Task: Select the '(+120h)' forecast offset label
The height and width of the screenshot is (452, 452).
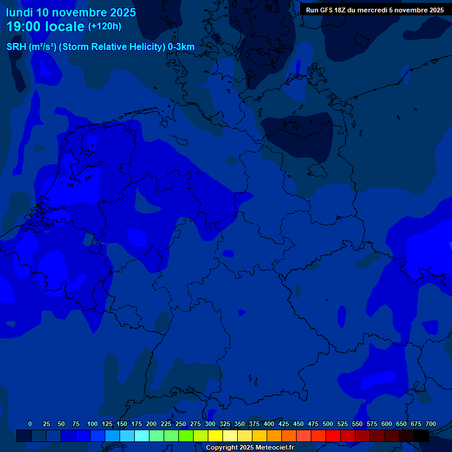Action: coord(104,26)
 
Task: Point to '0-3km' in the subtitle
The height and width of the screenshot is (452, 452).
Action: coord(181,47)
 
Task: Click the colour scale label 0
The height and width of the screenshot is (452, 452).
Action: coord(30,424)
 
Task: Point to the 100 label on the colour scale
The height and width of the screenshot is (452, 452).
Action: coord(92,424)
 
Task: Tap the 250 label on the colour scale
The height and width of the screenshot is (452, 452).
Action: coord(181,424)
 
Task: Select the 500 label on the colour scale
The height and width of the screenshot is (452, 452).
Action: coord(328,424)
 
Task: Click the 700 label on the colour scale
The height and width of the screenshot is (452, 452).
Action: coord(431,424)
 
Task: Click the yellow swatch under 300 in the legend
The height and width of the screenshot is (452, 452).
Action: coord(215,436)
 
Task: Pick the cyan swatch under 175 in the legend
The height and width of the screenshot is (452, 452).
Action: coord(142,436)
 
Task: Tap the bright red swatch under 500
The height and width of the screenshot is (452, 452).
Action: coord(333,436)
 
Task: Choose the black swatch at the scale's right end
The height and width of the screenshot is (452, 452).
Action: coord(421,436)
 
